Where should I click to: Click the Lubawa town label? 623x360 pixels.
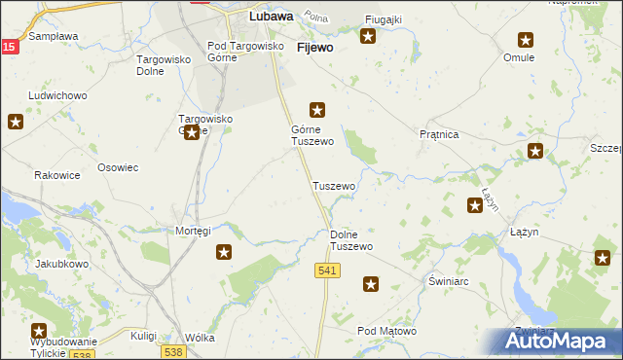tap(272, 17)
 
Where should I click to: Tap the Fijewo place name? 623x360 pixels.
tap(314, 47)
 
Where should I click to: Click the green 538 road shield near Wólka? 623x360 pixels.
tap(174, 351)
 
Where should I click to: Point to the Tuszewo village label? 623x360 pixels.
tap(333, 186)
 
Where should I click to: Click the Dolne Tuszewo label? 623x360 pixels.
tap(351, 240)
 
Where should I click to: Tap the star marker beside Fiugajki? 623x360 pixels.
tap(368, 37)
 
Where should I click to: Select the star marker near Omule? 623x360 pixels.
tap(526, 40)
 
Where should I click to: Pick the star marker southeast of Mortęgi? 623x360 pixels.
tap(224, 252)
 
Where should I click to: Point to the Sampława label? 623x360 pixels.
tap(54, 36)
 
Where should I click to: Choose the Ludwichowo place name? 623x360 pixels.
tap(58, 96)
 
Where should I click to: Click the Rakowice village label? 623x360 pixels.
tap(56, 176)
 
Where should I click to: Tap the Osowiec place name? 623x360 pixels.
tap(118, 167)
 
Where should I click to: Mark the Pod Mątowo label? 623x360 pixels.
tap(386, 332)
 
